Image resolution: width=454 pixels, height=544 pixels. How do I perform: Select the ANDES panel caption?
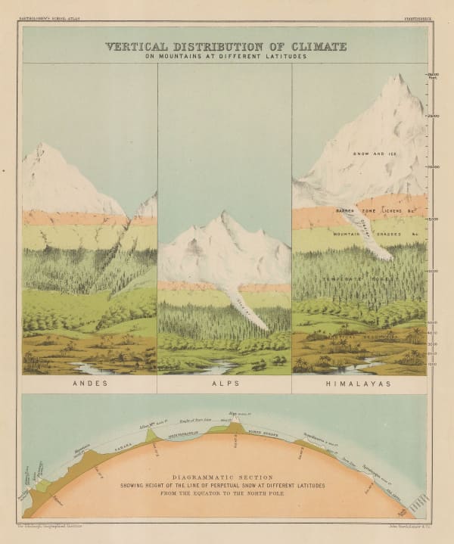pyautogui.click(x=89, y=384)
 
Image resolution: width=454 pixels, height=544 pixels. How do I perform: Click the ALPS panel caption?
pyautogui.click(x=224, y=384)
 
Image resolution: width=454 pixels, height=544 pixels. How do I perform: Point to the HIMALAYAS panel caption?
pyautogui.click(x=359, y=384)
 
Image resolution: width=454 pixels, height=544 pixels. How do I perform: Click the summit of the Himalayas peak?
pyautogui.click(x=394, y=75)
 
